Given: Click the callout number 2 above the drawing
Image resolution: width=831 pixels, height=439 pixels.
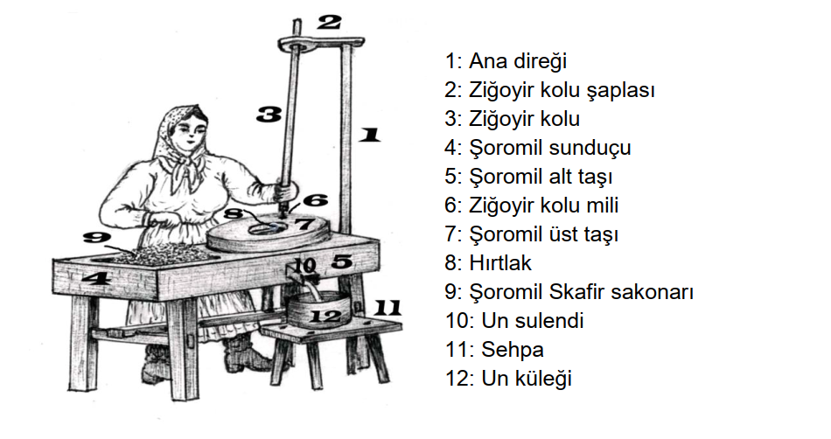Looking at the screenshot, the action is pos(329,22).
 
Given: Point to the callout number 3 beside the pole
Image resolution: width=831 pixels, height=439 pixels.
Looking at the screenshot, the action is pos(269,114).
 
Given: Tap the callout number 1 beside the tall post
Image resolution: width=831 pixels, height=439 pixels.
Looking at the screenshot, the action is pos(369,134).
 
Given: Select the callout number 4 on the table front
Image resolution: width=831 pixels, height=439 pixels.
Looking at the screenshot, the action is pos(95,277).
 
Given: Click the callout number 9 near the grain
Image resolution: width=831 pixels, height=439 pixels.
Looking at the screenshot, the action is pos(96,237).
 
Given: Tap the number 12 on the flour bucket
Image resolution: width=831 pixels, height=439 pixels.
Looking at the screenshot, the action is pos(325,317).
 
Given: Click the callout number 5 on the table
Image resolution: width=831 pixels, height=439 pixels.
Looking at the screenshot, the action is pos(342,261).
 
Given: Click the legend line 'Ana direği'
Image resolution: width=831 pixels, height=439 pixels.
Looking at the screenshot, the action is pos(506,61).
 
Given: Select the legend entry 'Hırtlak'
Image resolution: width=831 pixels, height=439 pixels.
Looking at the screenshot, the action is pos(487,263).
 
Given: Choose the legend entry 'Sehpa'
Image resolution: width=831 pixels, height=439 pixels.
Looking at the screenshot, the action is pos(494,350).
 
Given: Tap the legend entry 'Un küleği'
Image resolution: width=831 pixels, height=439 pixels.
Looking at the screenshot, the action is pos(508,379).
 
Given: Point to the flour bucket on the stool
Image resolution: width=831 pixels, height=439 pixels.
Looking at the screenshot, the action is pos(318,310).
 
